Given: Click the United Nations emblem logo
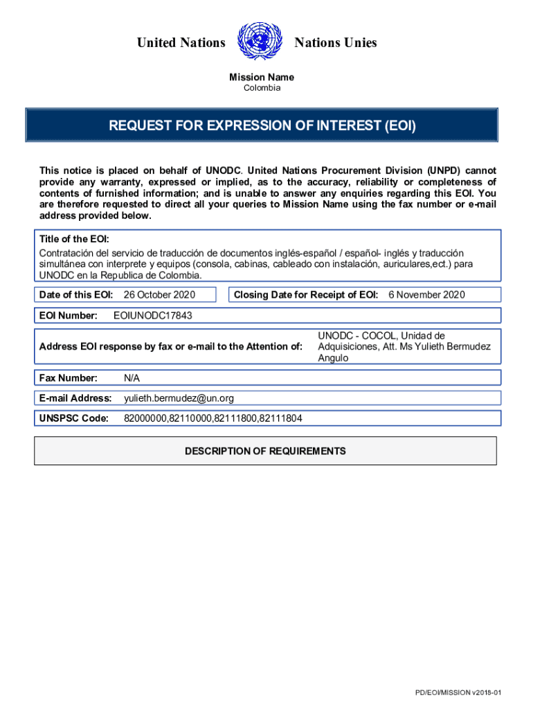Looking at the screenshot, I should coord(260,43).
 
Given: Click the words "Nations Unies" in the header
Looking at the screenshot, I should coord(336,43).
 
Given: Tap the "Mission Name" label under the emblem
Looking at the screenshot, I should coord(262,78).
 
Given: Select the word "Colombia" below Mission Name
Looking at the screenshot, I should coord(262,89).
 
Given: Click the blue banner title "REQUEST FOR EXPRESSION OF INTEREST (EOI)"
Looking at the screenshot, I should coord(262,126).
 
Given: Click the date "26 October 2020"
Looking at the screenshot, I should coord(159,295).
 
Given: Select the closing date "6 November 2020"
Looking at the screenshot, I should coord(426,295).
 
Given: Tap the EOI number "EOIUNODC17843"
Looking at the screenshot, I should coord(152,316).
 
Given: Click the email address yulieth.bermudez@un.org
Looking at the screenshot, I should coord(179,398).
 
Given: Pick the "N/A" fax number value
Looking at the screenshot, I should coord(132,378).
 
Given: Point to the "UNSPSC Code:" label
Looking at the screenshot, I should coord(74,418).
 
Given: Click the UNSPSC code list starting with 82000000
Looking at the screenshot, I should coord(213,418).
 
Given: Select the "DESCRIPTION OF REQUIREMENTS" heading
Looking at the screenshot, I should coord(265,451).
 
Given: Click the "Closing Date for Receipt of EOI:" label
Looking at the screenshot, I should coord(306,295).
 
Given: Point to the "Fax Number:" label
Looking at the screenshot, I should coord(68,378).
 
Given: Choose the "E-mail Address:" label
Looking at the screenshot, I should coord(75,398).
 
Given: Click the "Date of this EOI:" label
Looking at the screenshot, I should coord(76,295).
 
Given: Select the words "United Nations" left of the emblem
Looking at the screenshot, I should coord(181,43).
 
